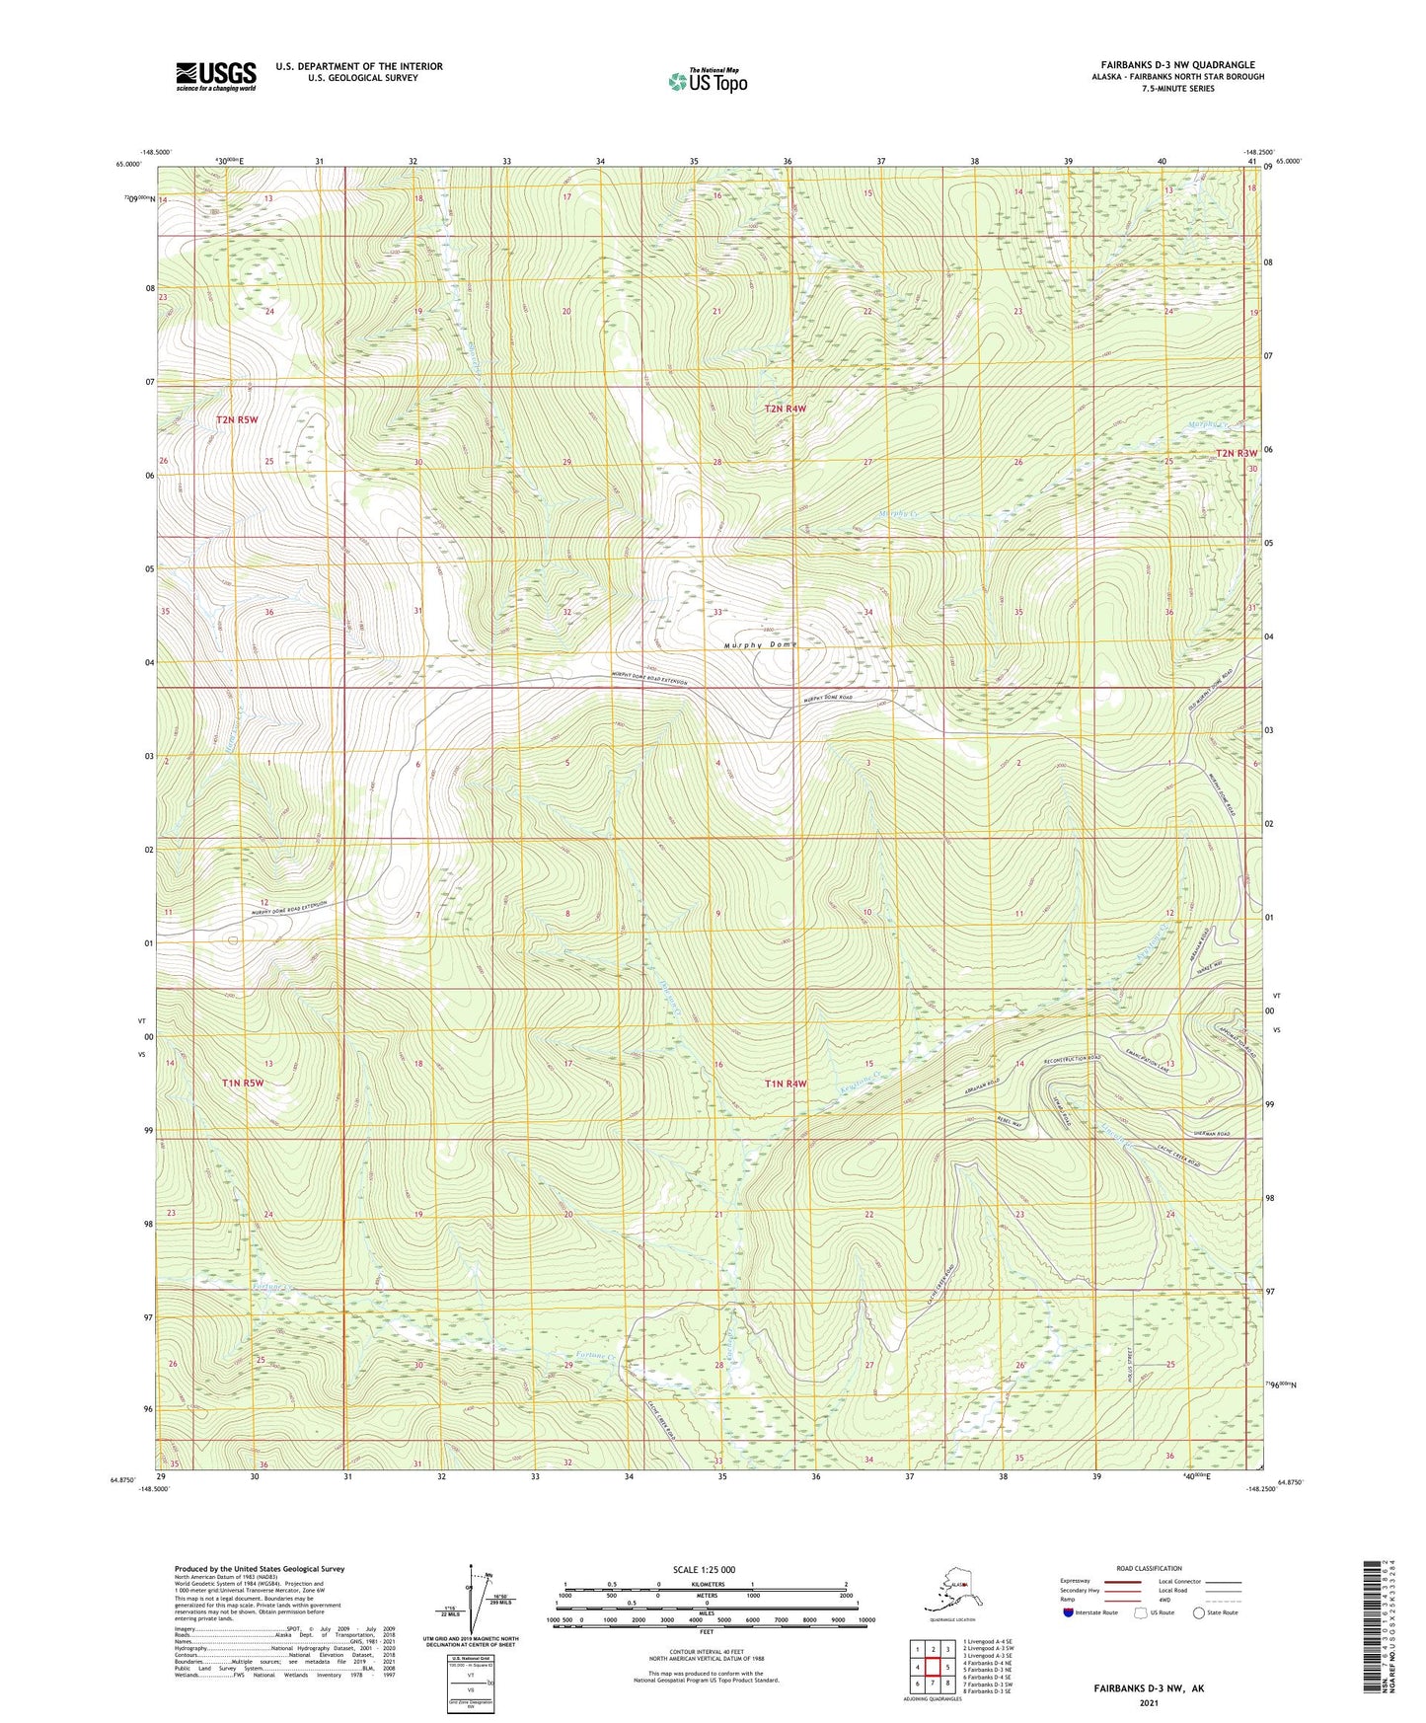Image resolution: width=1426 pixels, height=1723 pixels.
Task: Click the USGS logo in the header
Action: click(215, 76)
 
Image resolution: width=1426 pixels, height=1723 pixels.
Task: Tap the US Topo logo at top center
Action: click(707, 81)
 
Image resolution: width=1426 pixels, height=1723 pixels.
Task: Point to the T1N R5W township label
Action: click(243, 1083)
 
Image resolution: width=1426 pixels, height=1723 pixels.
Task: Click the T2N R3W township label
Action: click(1237, 453)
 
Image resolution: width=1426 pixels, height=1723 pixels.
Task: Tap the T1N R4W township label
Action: click(786, 1084)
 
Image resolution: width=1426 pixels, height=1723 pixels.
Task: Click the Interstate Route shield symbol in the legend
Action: click(1068, 1613)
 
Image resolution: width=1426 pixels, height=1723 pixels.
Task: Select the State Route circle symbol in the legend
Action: click(1199, 1613)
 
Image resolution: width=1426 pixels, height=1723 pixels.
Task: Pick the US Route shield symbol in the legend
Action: click(1142, 1613)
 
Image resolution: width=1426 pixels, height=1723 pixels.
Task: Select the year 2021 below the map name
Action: click(1148, 1702)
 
